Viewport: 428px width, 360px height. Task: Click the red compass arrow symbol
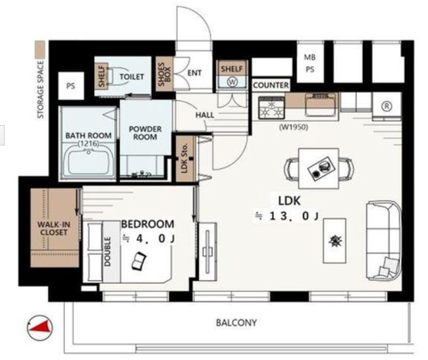pos(40,326)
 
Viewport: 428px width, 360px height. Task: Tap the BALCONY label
pos(236,323)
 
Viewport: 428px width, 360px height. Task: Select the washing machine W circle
pos(232,82)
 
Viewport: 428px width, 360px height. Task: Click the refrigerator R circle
pos(387,106)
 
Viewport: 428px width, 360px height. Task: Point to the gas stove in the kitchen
pos(271,108)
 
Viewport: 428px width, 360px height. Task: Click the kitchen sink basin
pos(321,104)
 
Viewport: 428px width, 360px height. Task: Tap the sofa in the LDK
pos(384,241)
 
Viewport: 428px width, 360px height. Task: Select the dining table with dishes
pos(319,168)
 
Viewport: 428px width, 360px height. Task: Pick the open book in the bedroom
pos(139,261)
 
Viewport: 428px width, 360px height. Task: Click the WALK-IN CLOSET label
pos(54,228)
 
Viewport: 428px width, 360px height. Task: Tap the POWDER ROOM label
pos(146,133)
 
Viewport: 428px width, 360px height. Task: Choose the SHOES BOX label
pos(164,74)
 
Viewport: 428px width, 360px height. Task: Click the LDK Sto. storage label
pos(184,158)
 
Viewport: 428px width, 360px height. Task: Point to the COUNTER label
pos(271,86)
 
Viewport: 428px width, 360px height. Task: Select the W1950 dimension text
pos(294,127)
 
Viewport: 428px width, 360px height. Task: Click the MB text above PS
pos(310,57)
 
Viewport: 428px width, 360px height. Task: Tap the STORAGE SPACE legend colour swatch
pos(40,49)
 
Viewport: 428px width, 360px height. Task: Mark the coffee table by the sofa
pos(334,241)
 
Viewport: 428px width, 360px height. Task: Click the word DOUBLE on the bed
pos(107,251)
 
